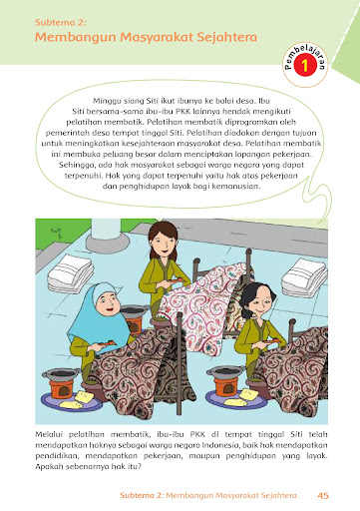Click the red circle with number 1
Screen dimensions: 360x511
(304, 66)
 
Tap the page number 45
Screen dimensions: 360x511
(323, 495)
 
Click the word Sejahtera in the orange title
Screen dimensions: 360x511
(226, 37)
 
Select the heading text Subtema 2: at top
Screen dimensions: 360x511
(61, 23)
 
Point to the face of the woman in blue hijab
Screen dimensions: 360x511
(107, 304)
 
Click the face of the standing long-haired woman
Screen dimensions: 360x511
(163, 244)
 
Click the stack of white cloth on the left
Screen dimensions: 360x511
(71, 273)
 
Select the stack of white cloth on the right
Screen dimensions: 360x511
(304, 277)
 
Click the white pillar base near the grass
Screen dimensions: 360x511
(107, 242)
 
